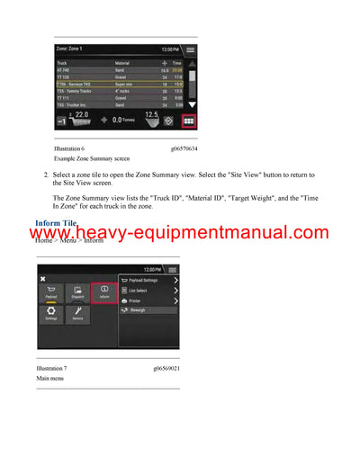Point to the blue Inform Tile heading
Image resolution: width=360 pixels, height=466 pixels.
pyautogui.click(x=57, y=222)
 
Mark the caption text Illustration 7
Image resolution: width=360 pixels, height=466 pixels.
pyautogui.click(x=51, y=368)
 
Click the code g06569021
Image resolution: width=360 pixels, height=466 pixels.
pyautogui.click(x=166, y=368)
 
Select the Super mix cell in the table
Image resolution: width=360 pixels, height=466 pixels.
pyautogui.click(x=126, y=82)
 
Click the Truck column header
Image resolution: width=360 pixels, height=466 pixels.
pyautogui.click(x=62, y=63)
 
